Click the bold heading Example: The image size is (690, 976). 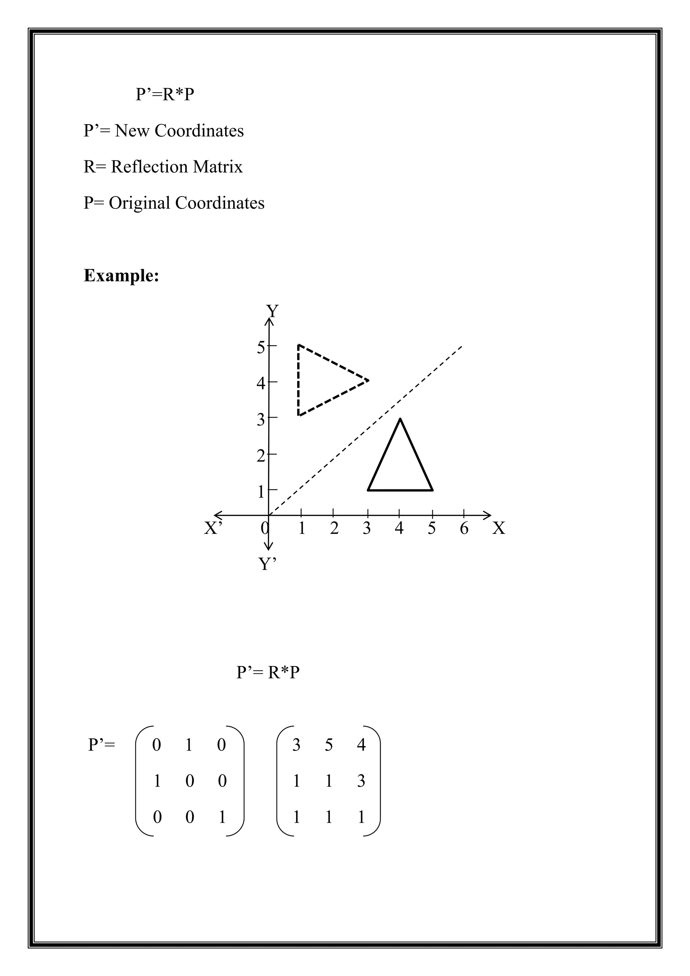122,275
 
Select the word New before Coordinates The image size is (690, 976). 132,130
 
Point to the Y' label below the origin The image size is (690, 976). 268,564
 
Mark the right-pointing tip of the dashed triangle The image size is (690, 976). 368,380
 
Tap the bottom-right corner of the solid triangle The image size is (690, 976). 432,490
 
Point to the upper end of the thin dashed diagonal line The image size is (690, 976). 462,347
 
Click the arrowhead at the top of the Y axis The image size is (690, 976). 269,322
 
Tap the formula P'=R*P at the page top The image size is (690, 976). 165,94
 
